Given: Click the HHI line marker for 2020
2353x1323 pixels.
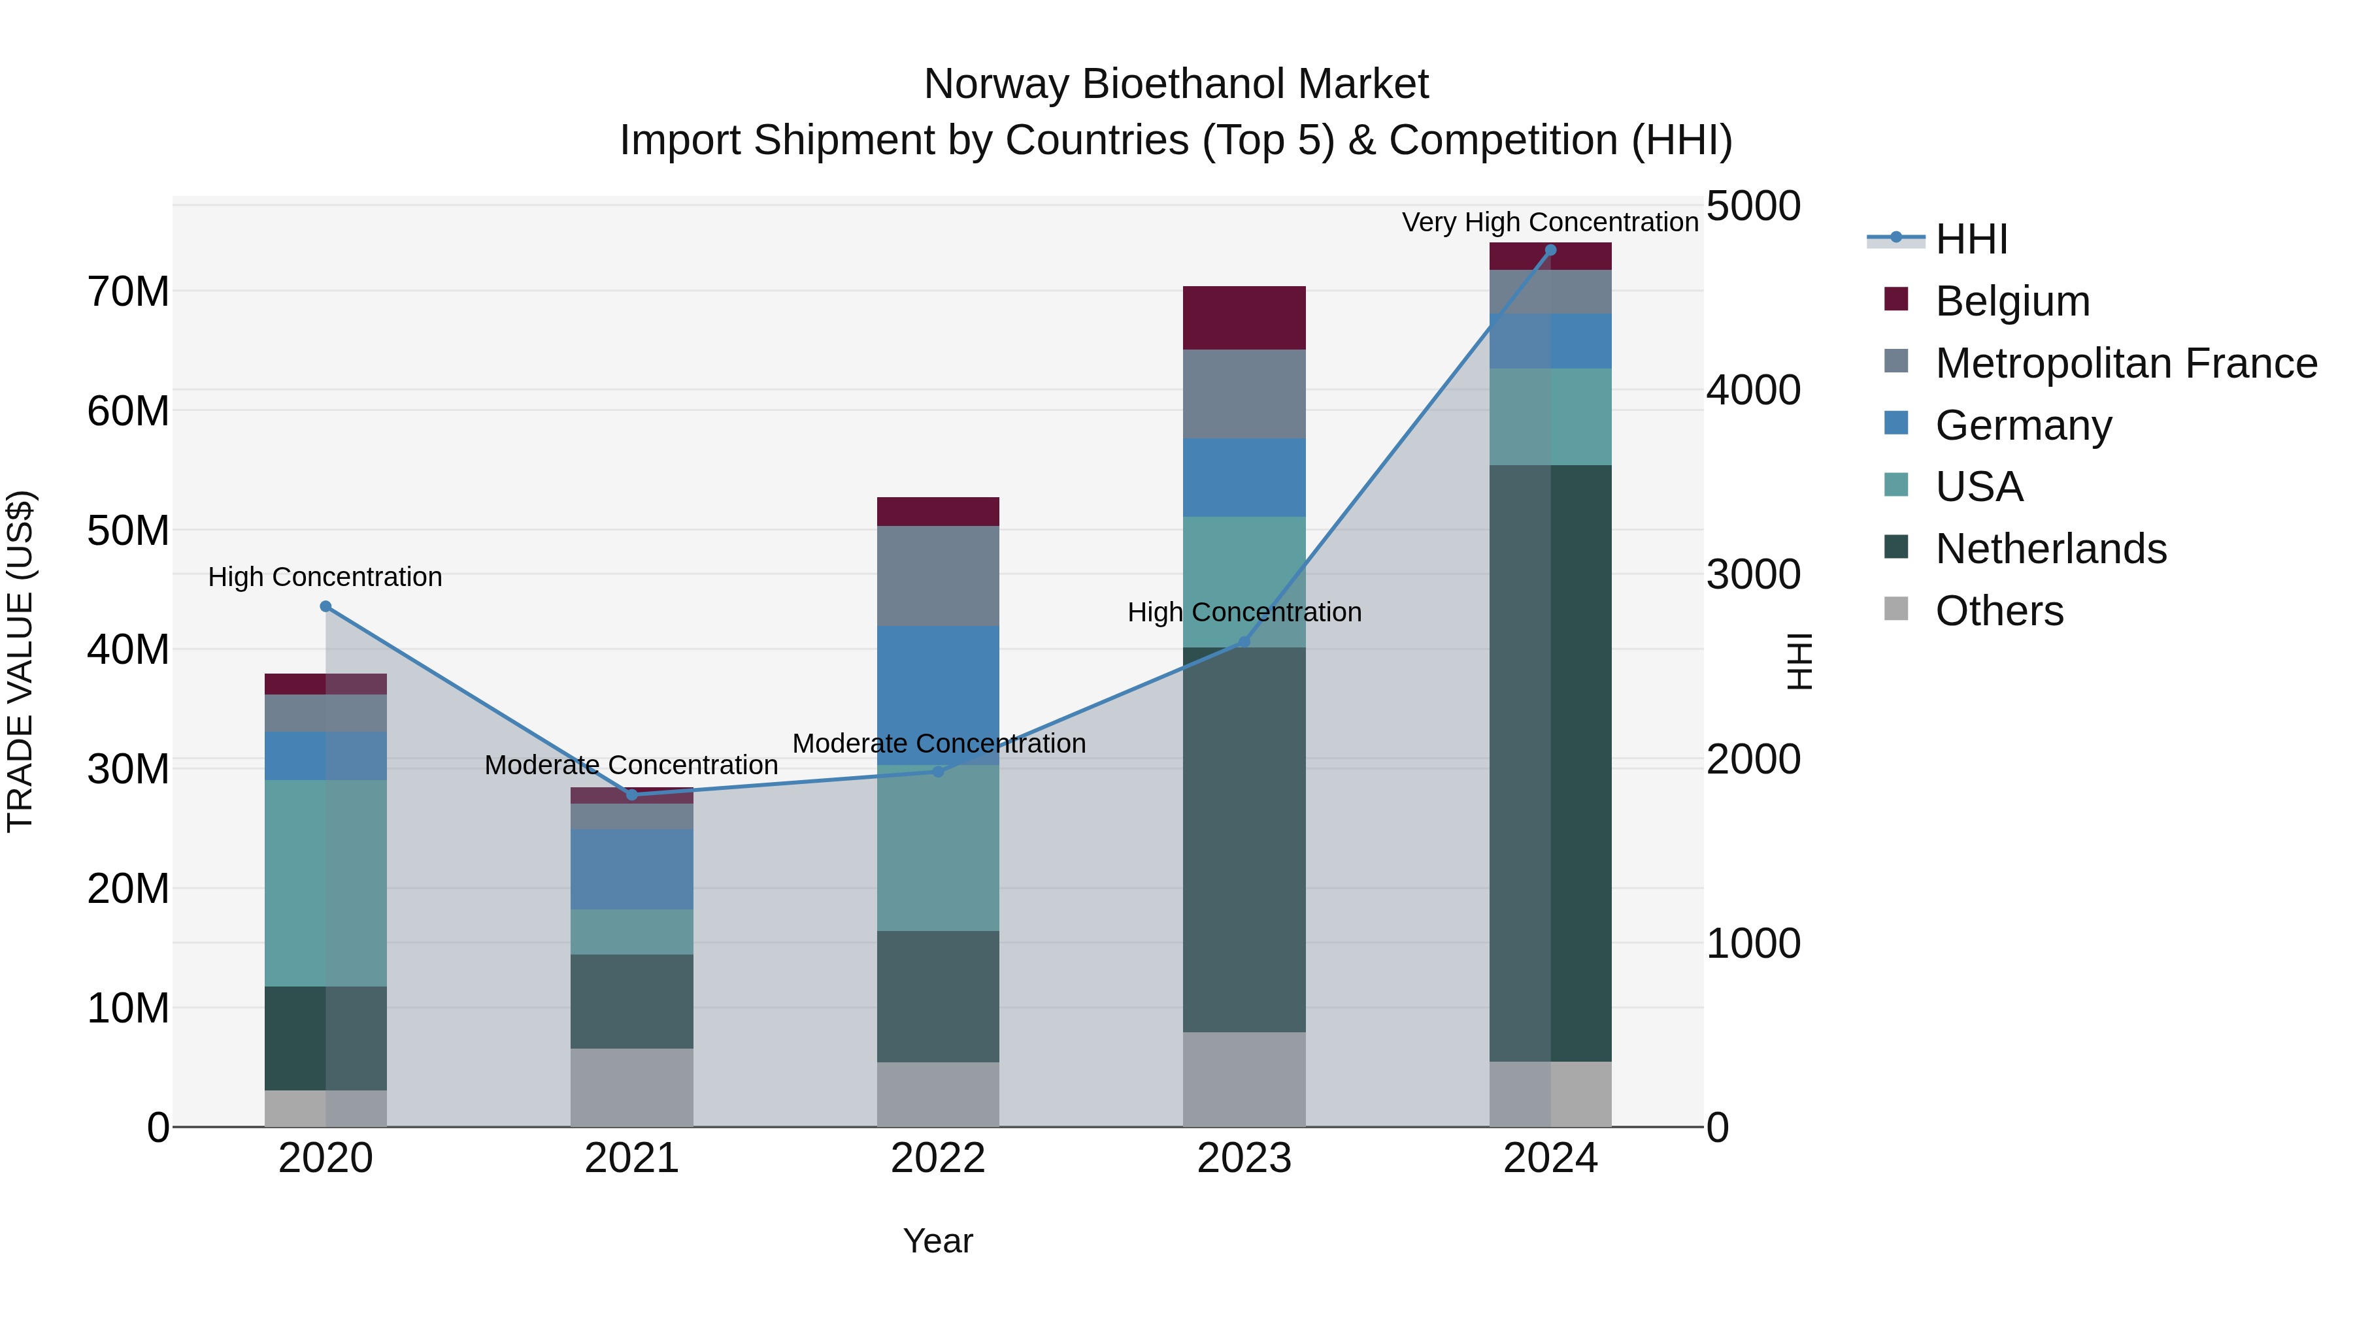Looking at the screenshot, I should [x=326, y=606].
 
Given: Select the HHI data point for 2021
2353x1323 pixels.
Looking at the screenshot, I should [x=632, y=794].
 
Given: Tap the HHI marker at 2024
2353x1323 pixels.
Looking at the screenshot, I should [x=1550, y=250].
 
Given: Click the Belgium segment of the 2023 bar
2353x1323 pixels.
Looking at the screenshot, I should [x=1244, y=318].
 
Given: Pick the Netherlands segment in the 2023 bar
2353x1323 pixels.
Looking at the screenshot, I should [x=1244, y=840].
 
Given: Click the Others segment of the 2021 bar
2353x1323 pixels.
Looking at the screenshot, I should [x=632, y=1086].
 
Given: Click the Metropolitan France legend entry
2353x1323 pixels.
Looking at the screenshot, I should [x=2126, y=363].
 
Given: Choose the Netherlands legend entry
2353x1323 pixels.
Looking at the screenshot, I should [x=2050, y=549].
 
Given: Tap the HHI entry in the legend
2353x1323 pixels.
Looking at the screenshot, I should [x=1971, y=239].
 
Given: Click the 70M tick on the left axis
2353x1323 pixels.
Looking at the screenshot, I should [x=128, y=292].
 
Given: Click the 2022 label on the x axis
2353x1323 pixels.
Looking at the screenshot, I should [x=938, y=1158].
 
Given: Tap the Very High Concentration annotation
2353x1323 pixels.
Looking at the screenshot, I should [x=1550, y=222].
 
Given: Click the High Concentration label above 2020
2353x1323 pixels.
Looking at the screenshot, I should [x=325, y=577].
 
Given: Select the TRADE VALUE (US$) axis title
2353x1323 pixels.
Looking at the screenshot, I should [x=20, y=661].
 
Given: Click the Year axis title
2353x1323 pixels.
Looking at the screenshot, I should [x=938, y=1241].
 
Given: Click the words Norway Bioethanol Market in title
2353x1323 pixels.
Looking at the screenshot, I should [x=1176, y=84].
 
